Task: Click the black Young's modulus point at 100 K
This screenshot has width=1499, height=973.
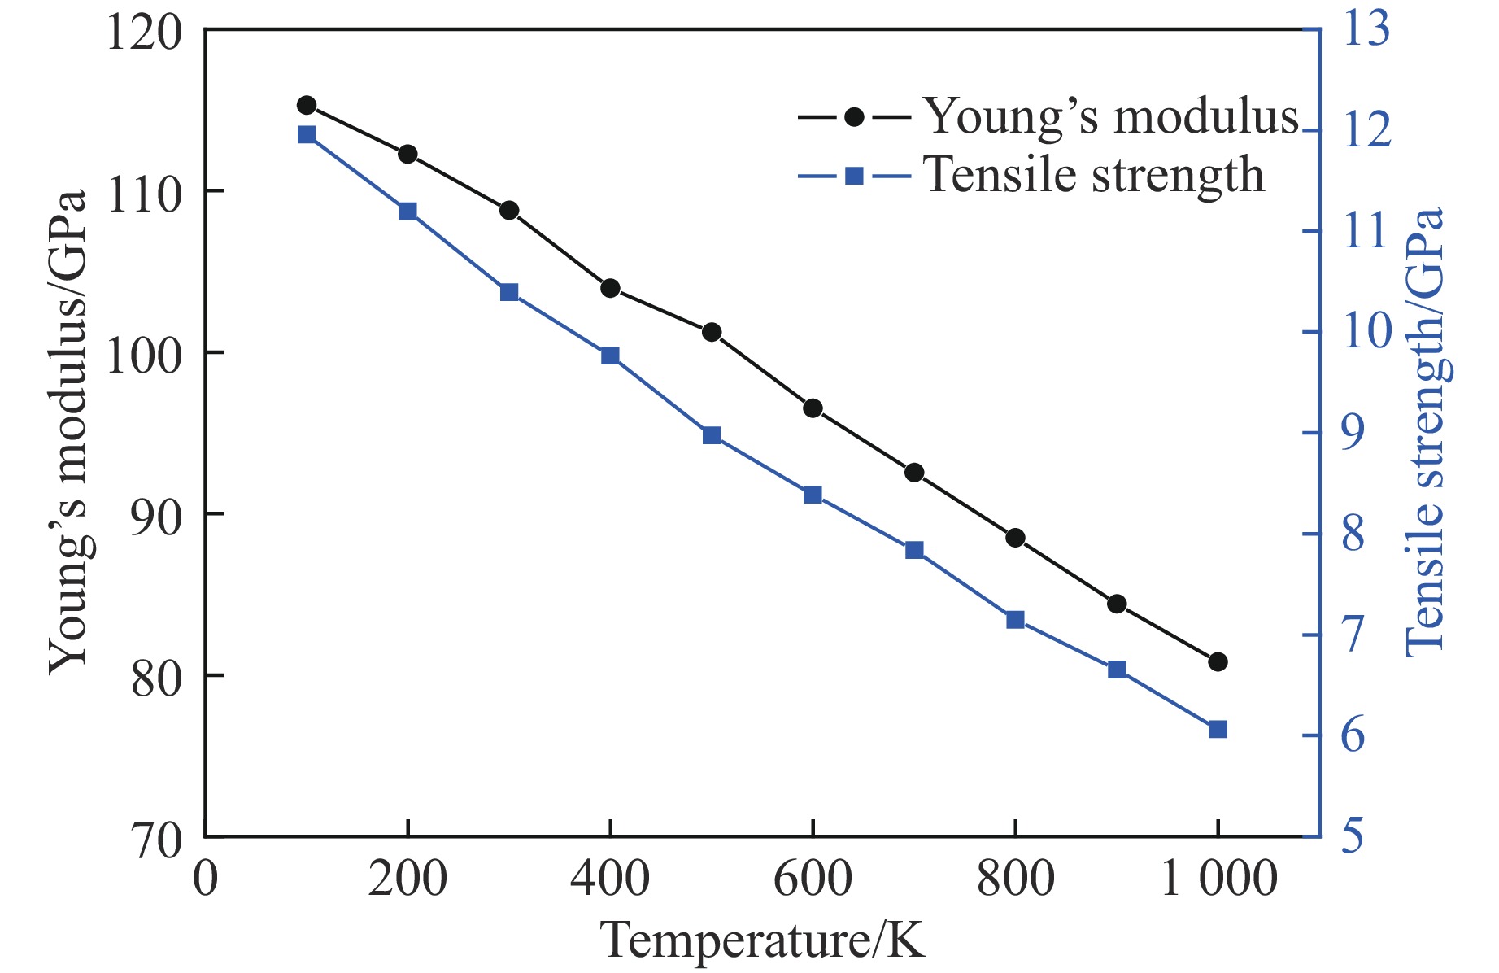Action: click(307, 105)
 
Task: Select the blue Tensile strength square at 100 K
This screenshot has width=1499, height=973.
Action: click(307, 135)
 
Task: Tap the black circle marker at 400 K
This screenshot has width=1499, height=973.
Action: click(610, 288)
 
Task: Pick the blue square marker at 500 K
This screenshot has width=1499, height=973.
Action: click(712, 435)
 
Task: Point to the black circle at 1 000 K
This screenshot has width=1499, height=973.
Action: click(1218, 661)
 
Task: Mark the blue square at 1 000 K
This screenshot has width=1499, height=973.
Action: click(1218, 729)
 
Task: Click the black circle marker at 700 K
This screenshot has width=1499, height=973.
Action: click(914, 473)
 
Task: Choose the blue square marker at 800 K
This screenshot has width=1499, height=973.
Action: click(1015, 620)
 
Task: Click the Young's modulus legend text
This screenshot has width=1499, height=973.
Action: click(1111, 116)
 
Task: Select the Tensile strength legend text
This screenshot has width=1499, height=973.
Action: click(1094, 175)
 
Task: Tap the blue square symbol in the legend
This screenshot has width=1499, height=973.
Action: click(854, 176)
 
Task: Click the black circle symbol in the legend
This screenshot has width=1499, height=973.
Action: click(854, 117)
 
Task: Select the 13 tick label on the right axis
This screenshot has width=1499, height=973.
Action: click(1366, 29)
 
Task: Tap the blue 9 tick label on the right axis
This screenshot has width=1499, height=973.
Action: click(1353, 433)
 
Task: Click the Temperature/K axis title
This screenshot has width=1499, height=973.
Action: click(763, 941)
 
